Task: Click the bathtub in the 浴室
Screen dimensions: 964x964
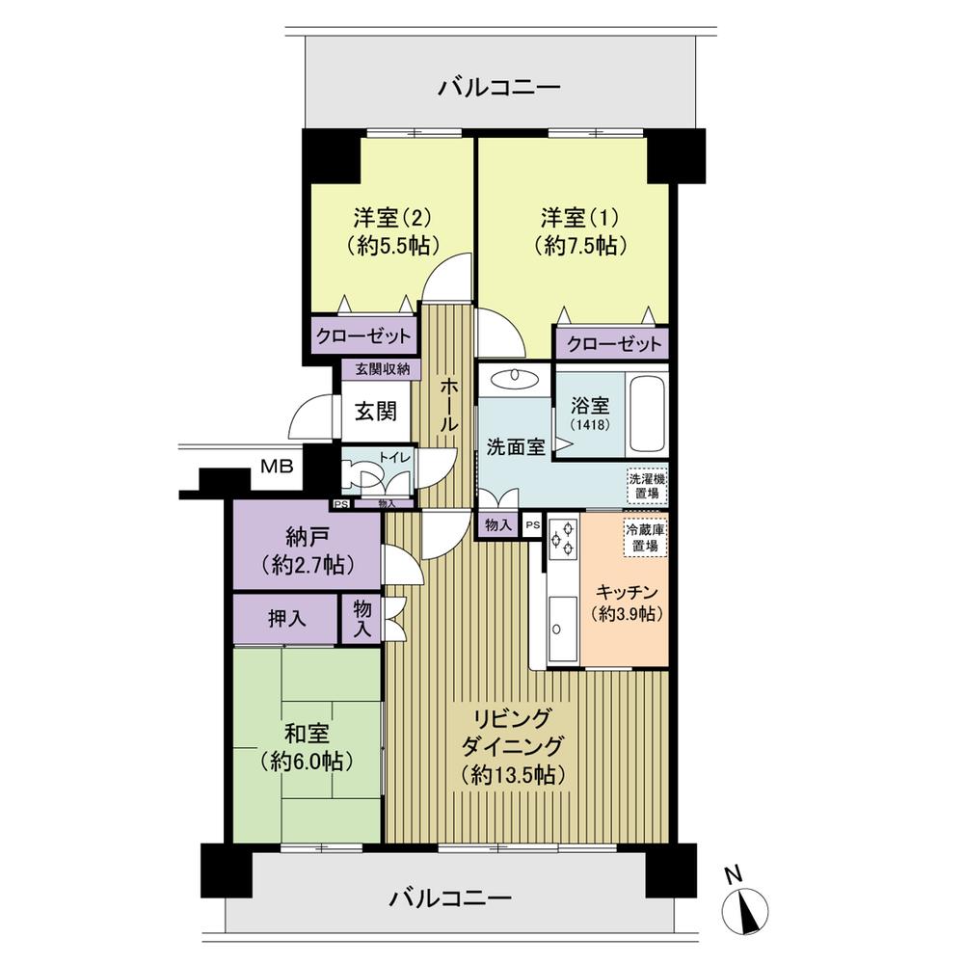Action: (x=648, y=415)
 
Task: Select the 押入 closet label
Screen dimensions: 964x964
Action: (x=286, y=617)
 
